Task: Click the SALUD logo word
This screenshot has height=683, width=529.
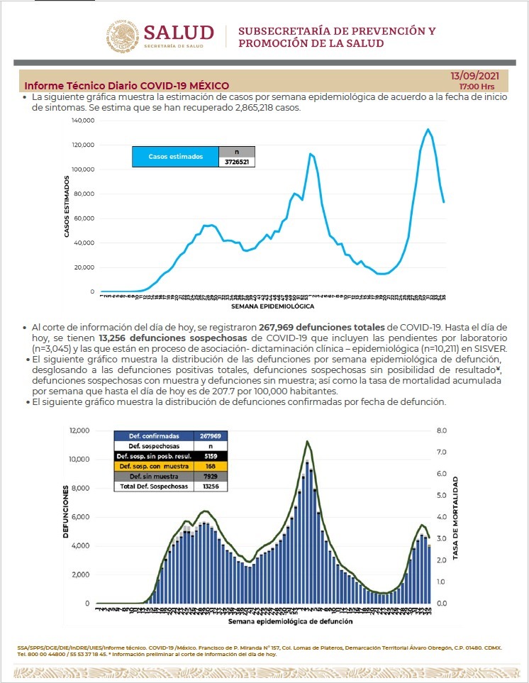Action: pos(179,33)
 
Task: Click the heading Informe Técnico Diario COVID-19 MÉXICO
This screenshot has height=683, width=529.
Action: pos(127,86)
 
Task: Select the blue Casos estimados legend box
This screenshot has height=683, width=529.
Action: pos(175,156)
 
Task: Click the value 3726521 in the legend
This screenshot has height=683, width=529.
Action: pos(237,162)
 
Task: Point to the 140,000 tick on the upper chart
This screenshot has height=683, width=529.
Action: pos(83,121)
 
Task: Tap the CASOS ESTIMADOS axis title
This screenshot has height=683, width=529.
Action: pos(67,206)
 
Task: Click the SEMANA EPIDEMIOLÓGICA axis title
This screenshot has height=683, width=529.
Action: pos(272,307)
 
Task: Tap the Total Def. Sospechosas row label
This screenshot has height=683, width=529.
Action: pos(148,487)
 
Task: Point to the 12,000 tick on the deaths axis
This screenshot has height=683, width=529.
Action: pos(79,431)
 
